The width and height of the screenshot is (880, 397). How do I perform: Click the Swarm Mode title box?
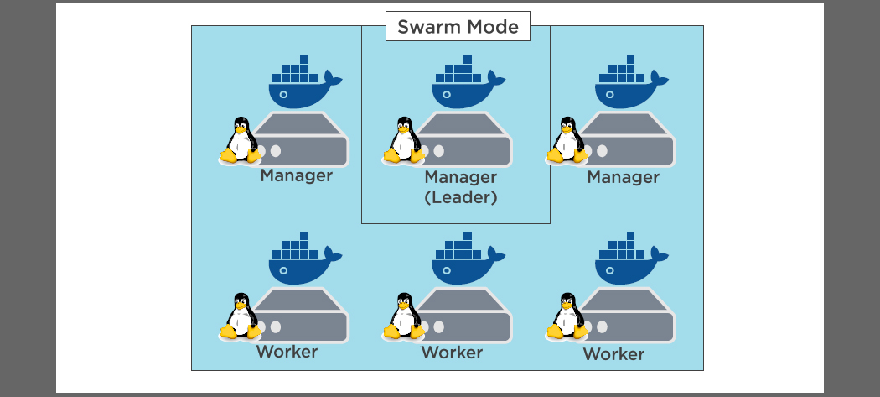458,26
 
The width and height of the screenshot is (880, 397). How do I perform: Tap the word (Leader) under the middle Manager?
461,198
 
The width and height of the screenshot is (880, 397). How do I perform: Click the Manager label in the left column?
296,176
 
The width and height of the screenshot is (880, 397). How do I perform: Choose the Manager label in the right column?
623,177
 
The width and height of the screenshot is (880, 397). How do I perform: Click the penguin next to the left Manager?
241,139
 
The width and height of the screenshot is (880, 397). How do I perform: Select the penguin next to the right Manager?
567,139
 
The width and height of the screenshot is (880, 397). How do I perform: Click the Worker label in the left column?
287,352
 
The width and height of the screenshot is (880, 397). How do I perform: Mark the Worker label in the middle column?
452,353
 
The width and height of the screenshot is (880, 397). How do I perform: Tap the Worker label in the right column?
613,354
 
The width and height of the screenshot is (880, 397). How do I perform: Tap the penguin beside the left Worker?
241,316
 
